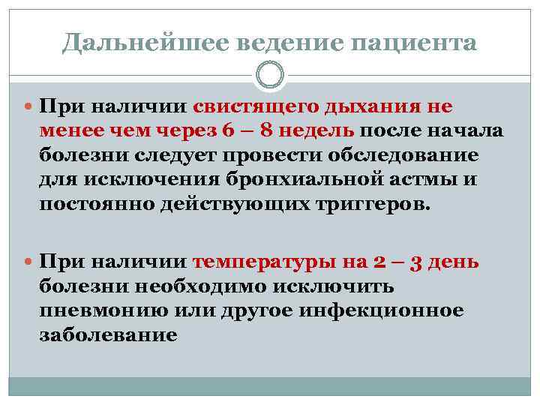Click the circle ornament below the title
tap(270, 75)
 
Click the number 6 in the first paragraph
tap(229, 132)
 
